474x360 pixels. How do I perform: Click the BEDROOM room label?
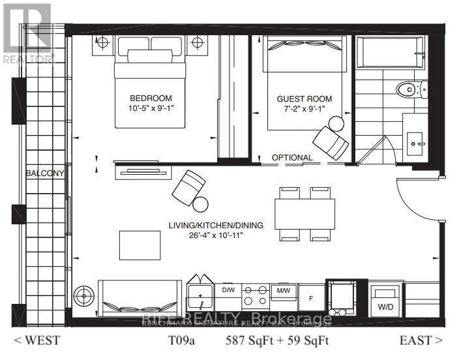click(x=151, y=98)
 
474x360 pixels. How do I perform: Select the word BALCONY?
click(x=45, y=173)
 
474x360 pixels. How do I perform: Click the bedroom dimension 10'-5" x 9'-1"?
click(x=151, y=108)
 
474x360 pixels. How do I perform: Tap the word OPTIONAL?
click(x=292, y=158)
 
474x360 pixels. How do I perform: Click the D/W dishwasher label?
click(x=228, y=289)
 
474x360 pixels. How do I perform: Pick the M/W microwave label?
click(x=283, y=289)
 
